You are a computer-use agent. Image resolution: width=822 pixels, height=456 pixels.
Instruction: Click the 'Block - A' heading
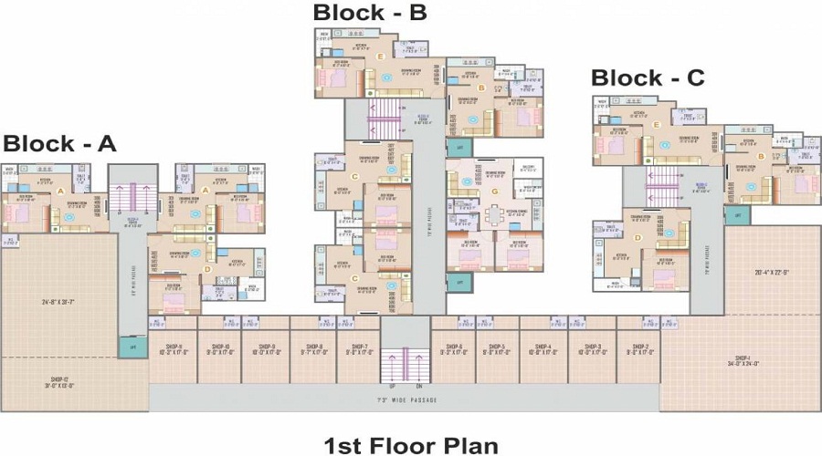(59, 143)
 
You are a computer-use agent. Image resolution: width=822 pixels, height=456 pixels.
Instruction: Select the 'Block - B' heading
(370, 12)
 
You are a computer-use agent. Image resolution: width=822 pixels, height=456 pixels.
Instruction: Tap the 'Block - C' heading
(648, 78)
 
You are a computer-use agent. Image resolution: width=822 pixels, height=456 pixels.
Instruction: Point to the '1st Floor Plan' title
(412, 445)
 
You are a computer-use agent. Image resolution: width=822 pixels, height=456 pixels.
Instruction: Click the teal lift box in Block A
(132, 347)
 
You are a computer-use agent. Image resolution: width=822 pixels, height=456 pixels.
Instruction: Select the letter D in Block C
(638, 239)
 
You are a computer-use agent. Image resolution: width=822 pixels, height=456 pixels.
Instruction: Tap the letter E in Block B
(380, 57)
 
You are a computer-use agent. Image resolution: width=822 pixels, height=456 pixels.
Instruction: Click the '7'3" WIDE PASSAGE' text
(405, 400)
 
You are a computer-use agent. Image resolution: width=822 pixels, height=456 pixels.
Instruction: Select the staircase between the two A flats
(132, 196)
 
